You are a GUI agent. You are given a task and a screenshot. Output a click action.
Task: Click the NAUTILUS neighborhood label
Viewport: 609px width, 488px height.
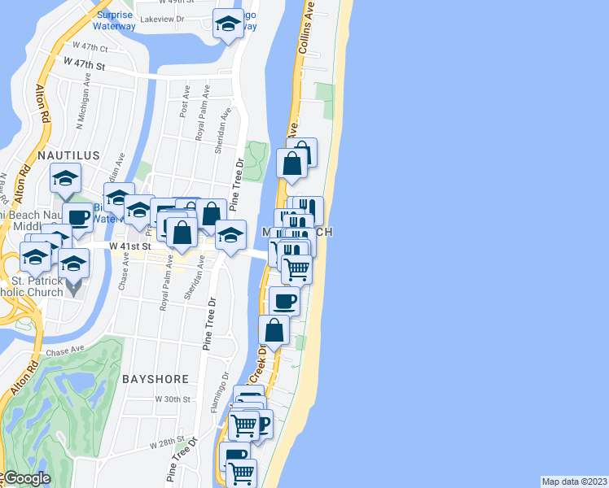pos(68,155)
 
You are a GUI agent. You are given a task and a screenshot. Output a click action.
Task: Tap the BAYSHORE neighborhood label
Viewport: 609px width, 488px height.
pos(155,379)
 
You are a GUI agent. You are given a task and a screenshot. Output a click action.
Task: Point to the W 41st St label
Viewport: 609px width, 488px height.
pos(130,245)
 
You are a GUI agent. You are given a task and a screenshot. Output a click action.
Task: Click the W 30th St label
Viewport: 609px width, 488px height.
pos(172,400)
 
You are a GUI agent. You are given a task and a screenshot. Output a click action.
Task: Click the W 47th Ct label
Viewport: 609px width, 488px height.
pos(90,47)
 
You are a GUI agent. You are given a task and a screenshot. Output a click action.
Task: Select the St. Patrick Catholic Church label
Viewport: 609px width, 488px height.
pos(33,287)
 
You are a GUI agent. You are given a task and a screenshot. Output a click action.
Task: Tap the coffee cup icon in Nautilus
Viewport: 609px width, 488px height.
pos(78,217)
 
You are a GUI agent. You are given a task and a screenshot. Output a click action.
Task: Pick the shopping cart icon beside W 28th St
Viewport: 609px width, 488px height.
pos(242,471)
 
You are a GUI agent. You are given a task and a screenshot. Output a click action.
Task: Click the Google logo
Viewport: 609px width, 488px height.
pos(26,478)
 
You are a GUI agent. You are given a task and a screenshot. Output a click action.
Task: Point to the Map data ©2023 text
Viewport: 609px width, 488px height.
pos(574,481)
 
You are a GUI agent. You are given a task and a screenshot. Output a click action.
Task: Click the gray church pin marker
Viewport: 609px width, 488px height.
pos(73,286)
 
